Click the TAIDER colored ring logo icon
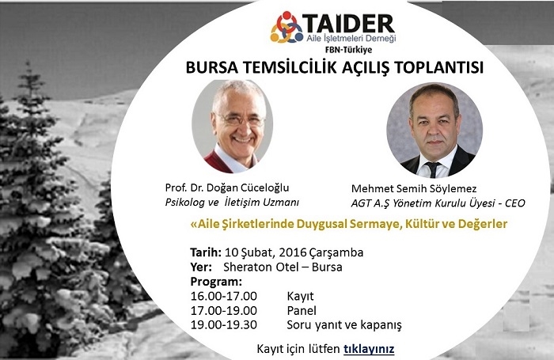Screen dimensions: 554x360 click(x=286, y=27)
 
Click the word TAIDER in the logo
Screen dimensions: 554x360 click(x=349, y=24)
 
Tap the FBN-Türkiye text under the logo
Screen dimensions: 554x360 click(x=348, y=50)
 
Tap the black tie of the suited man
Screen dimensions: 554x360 click(x=432, y=169)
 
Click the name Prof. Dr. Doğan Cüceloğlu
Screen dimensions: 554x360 click(x=227, y=188)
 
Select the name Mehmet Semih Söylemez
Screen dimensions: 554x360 click(x=414, y=188)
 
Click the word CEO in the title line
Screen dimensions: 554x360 click(x=515, y=203)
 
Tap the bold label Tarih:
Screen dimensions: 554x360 click(x=206, y=252)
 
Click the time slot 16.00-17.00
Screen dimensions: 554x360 click(x=224, y=296)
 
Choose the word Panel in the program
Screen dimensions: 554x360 click(x=302, y=310)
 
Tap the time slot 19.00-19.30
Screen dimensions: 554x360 click(x=224, y=324)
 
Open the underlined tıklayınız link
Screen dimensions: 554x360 click(x=369, y=349)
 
